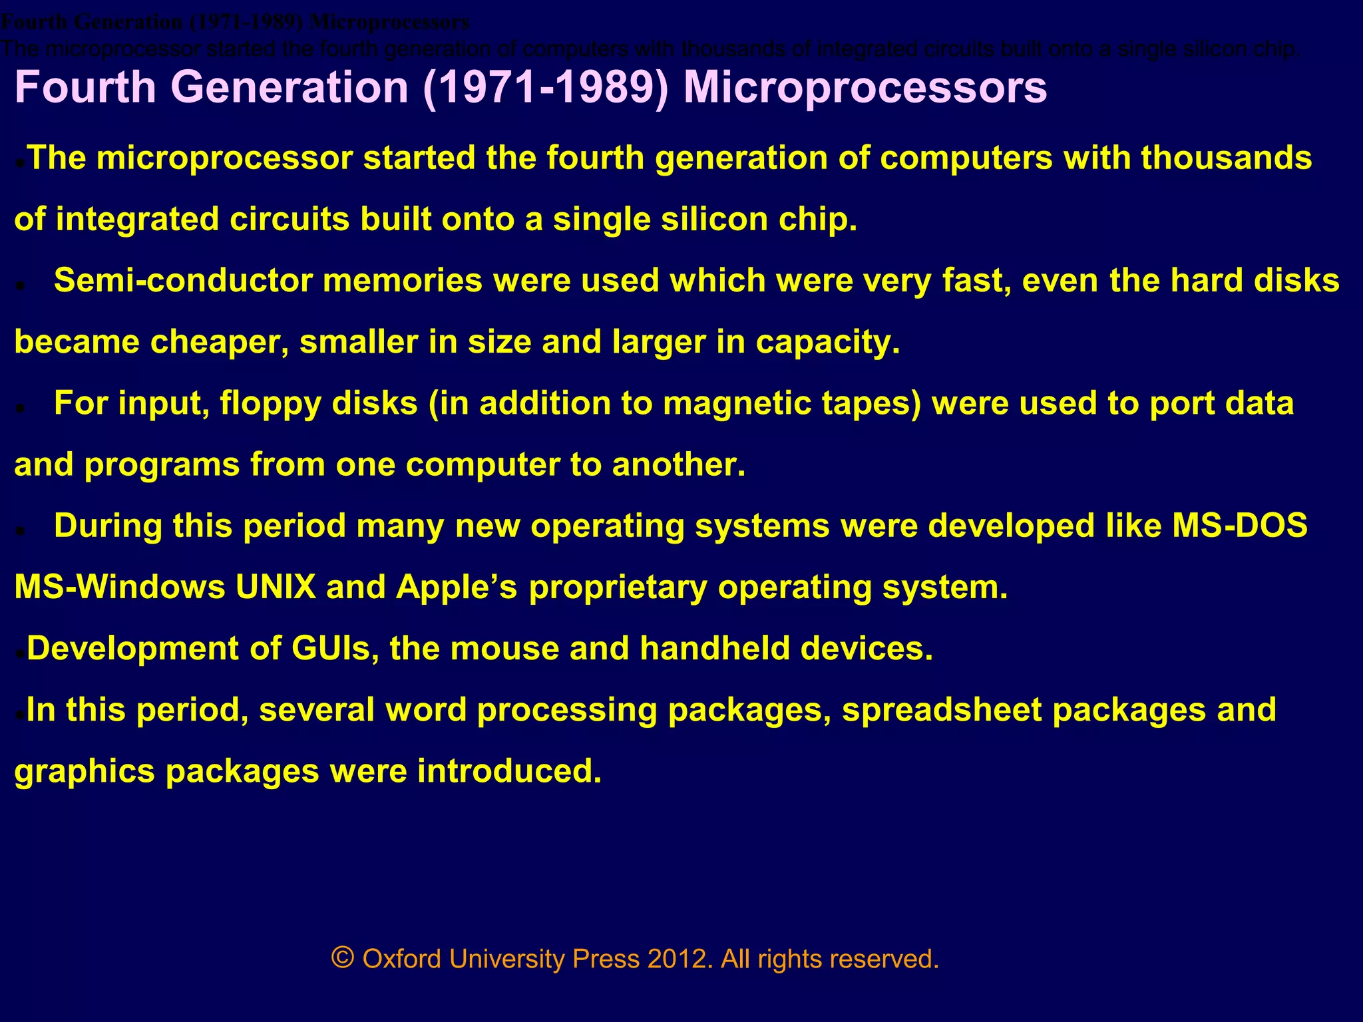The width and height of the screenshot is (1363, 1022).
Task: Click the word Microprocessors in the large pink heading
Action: tap(865, 87)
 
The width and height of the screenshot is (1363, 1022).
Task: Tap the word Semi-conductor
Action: tap(183, 280)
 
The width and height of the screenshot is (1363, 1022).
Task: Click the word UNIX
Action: tap(276, 587)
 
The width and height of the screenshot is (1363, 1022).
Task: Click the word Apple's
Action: tap(457, 587)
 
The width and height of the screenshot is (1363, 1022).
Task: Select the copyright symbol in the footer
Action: tap(342, 959)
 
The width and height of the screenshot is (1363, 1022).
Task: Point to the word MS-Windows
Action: tap(119, 587)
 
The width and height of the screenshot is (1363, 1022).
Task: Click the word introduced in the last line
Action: tap(509, 770)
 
